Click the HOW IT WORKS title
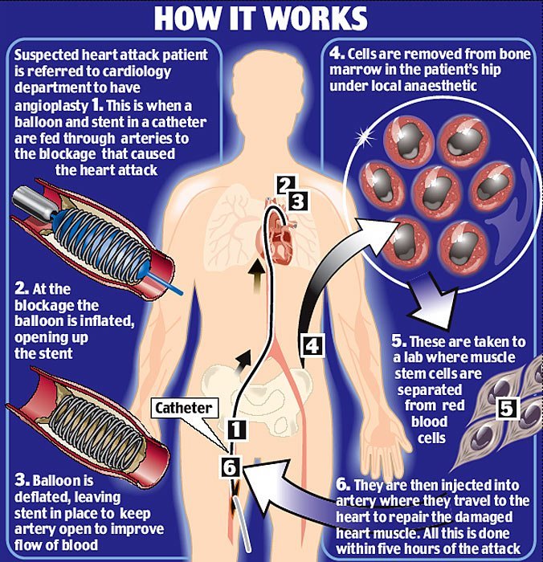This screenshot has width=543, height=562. tap(261, 18)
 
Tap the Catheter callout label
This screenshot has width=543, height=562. tap(184, 408)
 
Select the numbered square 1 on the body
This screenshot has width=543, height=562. tap(237, 429)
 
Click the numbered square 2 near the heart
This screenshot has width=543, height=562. tap(285, 185)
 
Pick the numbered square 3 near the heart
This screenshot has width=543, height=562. tap(298, 201)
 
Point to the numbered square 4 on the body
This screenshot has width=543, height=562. tap(312, 346)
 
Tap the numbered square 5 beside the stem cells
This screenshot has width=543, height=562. tap(507, 408)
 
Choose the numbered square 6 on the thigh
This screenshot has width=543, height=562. tap(230, 467)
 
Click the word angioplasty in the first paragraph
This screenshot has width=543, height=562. tap(51, 106)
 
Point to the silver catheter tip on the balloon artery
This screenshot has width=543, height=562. tap(33, 202)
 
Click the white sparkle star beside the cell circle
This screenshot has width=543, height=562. tap(365, 136)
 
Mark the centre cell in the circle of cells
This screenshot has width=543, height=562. tap(437, 193)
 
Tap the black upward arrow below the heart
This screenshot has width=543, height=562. tap(256, 277)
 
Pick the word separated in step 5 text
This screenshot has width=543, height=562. tap(429, 389)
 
